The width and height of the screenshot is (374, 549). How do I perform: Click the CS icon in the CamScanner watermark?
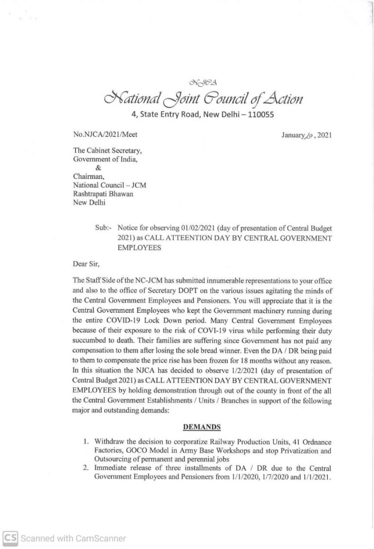(x=10, y=538)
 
